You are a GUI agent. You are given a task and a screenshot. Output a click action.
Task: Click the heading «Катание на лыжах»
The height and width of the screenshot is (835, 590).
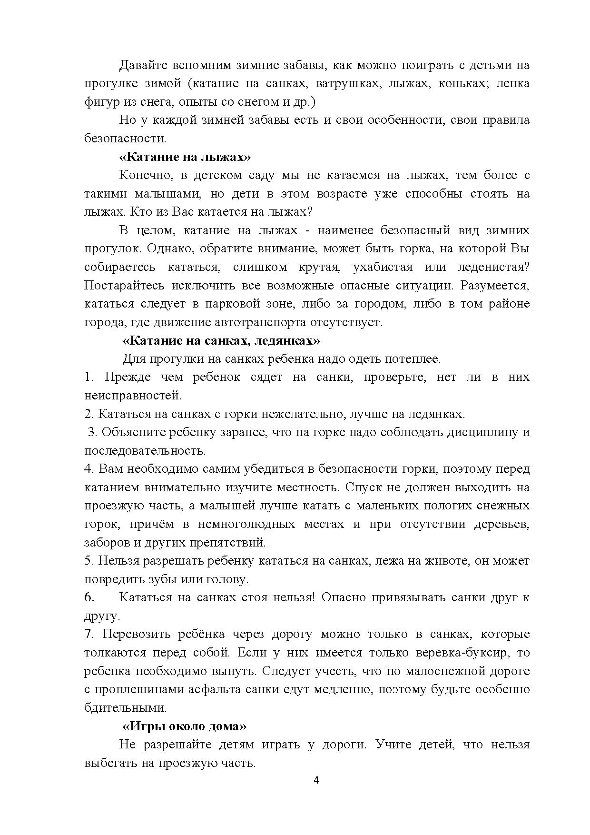coord(185,157)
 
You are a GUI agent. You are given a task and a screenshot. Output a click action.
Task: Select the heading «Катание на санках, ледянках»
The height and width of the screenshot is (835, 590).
coord(221,341)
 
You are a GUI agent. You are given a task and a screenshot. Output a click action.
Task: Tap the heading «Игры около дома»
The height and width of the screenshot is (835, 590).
coord(185,726)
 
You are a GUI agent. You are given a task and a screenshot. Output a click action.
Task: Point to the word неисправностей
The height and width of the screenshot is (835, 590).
coord(133,396)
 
